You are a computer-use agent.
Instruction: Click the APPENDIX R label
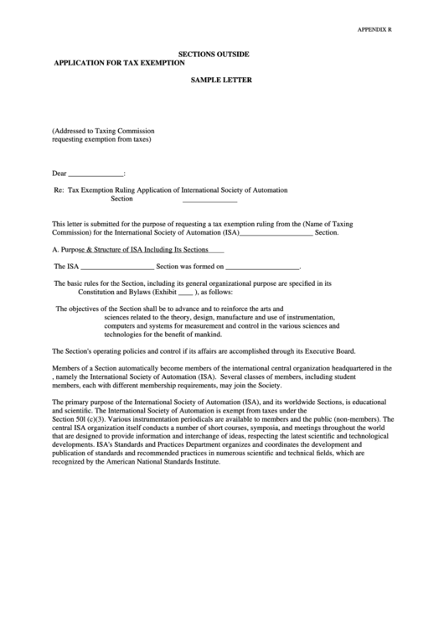[x=375, y=29]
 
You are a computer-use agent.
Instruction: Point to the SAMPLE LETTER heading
[x=221, y=81]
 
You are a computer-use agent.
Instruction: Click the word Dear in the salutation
[x=59, y=174]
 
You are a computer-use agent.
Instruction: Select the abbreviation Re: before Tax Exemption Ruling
[x=59, y=190]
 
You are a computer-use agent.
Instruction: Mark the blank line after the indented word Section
[x=209, y=200]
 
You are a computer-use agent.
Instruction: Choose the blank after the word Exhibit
[x=185, y=292]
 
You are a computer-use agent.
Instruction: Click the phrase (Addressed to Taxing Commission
[x=103, y=131]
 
